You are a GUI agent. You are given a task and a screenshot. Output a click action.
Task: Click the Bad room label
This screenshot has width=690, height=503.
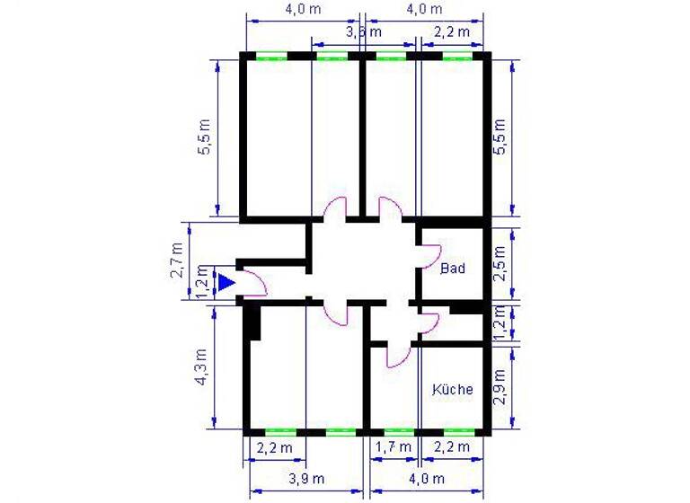pos(452,268)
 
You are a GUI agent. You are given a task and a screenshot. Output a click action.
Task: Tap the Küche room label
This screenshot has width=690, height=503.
pos(452,390)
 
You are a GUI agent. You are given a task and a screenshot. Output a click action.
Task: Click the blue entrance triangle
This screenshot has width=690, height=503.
pos(226,283)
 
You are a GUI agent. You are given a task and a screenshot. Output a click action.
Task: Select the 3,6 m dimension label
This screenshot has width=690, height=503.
pos(364,31)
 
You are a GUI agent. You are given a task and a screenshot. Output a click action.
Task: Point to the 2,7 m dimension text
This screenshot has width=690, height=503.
pos(178,260)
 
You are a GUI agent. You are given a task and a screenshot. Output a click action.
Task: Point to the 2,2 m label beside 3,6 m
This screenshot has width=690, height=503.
pos(452,31)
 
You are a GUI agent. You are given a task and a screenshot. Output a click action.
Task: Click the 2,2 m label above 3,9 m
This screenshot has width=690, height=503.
pos(274,446)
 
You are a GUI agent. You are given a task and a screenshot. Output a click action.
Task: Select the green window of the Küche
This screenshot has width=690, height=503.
pos(458,432)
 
